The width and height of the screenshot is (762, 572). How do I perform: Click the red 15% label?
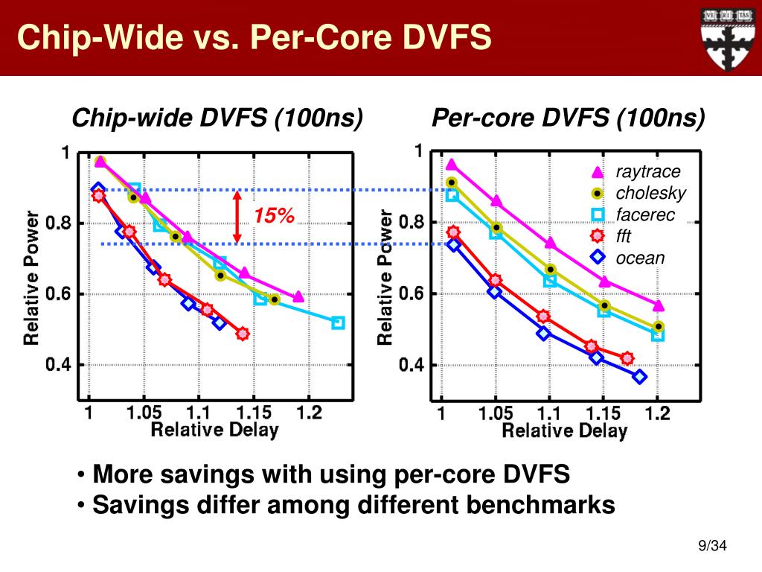point(273,216)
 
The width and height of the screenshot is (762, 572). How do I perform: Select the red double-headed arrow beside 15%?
point(237,217)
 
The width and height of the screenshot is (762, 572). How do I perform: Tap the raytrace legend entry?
point(647,172)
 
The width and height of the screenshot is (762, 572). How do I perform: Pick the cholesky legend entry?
point(650,194)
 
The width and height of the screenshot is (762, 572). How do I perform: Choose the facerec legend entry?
point(644,215)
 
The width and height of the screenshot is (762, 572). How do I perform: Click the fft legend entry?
point(624,237)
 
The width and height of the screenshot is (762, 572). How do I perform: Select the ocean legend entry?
point(639,258)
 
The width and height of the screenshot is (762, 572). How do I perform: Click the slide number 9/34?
point(711,547)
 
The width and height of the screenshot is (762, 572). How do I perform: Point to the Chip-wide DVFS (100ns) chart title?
point(217,118)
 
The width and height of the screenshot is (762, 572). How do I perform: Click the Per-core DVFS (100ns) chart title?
point(569,118)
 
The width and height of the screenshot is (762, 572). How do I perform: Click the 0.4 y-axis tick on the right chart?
point(411,366)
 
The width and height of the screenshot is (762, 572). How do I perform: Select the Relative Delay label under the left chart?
point(214,430)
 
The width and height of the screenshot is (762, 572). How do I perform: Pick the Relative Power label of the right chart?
point(385,277)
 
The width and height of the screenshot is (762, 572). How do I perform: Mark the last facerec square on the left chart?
point(338,322)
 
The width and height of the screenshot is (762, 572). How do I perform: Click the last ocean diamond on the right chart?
point(639,376)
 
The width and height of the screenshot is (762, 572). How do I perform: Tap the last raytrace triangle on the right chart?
point(658,305)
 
